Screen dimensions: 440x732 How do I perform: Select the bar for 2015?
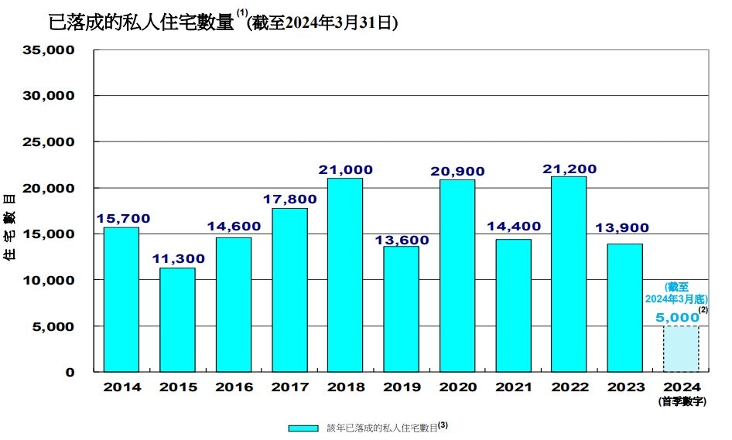177,319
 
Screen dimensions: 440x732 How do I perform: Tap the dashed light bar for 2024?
681,349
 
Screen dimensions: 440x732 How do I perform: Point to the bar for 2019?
401,309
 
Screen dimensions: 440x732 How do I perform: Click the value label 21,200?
569,169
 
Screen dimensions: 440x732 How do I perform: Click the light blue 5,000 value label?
676,317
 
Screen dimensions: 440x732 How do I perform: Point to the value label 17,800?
289,200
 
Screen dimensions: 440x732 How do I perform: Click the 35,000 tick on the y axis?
49,50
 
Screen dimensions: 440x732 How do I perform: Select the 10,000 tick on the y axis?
49,280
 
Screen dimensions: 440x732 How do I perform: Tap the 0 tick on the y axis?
70,372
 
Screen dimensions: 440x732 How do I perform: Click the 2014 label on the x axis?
121,387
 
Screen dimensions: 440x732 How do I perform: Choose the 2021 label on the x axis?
513,387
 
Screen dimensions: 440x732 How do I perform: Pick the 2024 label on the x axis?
681,387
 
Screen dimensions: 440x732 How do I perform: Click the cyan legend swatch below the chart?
303,428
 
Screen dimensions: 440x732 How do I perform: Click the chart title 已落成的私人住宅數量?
140,22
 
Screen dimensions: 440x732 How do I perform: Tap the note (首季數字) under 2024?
681,401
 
